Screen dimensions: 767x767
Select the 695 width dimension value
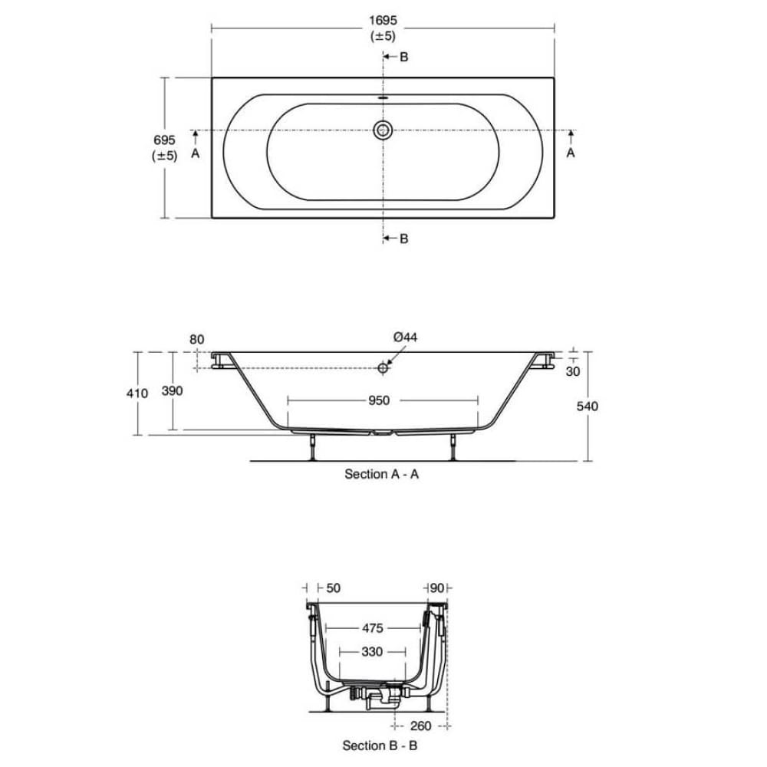[x=164, y=140]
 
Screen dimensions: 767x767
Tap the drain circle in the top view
[x=383, y=130]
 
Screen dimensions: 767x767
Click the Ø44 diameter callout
[x=405, y=337]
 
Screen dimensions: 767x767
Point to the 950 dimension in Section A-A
[x=379, y=400]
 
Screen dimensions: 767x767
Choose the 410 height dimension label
[x=137, y=393]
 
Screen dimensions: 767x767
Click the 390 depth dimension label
[x=173, y=390]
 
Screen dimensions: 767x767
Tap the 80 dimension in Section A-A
[x=196, y=338]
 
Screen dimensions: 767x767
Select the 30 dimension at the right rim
[x=571, y=371]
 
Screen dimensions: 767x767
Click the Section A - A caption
[x=381, y=474]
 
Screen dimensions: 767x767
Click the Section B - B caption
[x=380, y=745]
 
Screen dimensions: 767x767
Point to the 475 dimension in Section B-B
[x=372, y=628]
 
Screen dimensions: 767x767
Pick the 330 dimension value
[x=372, y=651]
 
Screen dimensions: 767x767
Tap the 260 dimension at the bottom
[x=420, y=726]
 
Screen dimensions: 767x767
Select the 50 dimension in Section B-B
[x=333, y=588]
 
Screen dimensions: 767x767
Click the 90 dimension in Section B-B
[x=437, y=588]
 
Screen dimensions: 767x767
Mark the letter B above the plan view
[x=403, y=58]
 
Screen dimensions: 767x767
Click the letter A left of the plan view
[x=195, y=153]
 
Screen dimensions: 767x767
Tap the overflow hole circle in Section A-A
[x=383, y=368]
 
